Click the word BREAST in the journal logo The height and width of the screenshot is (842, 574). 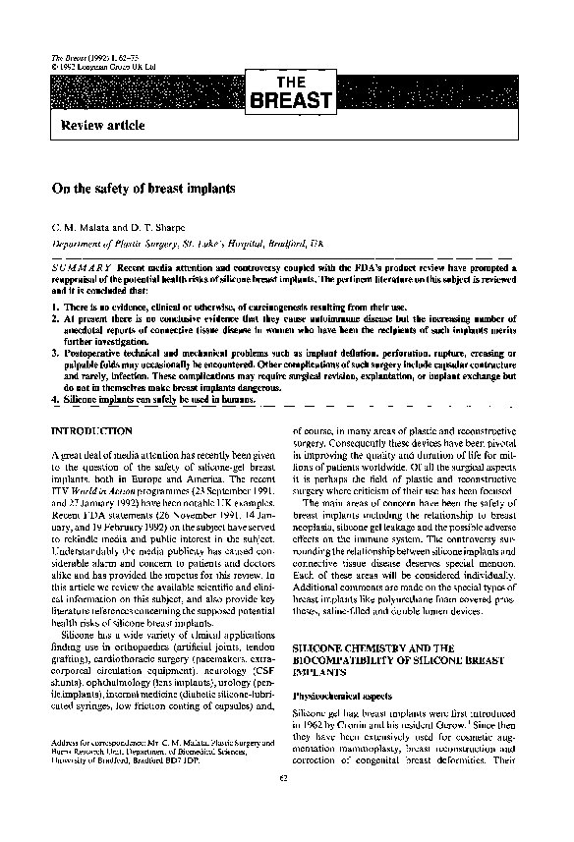(292, 99)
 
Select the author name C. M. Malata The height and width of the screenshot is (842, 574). (82, 225)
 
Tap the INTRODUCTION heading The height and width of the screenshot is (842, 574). (91, 431)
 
